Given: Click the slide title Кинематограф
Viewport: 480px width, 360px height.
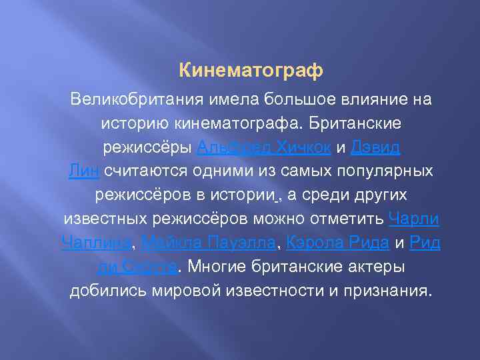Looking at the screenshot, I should pyautogui.click(x=251, y=69).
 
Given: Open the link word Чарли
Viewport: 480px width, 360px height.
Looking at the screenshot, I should pyautogui.click(x=413, y=219).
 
